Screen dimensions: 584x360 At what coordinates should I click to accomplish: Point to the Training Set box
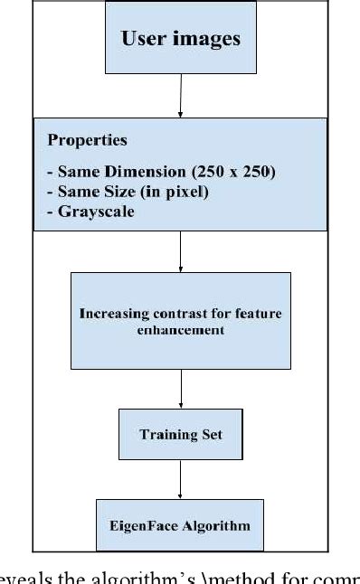[180, 434]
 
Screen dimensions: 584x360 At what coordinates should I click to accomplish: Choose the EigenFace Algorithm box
[182, 524]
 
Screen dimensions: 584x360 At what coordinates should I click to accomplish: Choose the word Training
[163, 435]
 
